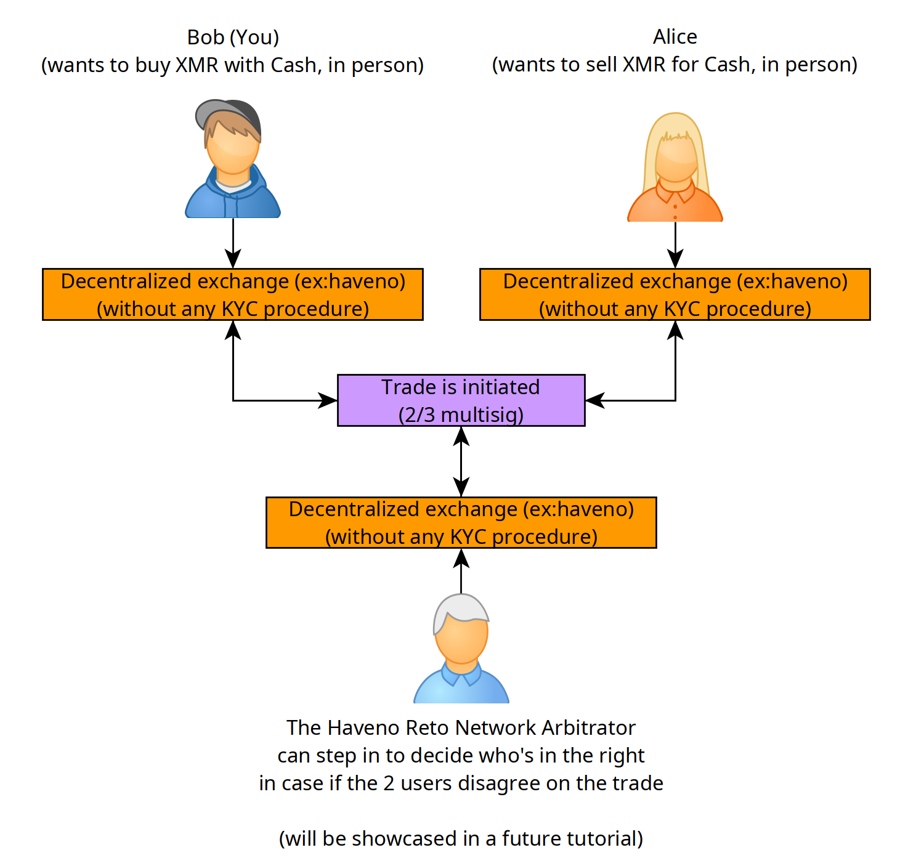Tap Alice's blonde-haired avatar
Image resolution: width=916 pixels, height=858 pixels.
coord(675,167)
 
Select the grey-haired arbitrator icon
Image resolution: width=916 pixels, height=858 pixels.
coord(461,648)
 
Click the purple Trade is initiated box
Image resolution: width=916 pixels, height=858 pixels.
coord(461,400)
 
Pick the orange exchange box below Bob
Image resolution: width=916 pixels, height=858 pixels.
coord(233,294)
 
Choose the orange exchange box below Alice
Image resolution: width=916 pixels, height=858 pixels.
coord(675,294)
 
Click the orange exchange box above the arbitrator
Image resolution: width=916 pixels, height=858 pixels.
coord(461,523)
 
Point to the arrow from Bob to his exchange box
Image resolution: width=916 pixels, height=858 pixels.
coord(233,243)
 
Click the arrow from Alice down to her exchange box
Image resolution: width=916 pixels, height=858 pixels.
coord(675,245)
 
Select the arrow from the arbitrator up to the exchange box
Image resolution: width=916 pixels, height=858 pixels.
coord(461,571)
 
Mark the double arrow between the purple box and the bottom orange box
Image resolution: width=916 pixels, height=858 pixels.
coord(461,461)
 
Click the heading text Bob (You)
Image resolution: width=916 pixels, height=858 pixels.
coord(233,38)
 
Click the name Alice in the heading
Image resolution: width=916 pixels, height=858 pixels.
coord(675,36)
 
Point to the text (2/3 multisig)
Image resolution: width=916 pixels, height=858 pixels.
coord(461,415)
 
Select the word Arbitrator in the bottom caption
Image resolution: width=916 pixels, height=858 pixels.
coord(588,727)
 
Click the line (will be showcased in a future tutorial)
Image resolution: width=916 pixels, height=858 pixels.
coord(461,838)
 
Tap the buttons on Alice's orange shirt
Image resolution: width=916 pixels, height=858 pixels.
coord(675,212)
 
